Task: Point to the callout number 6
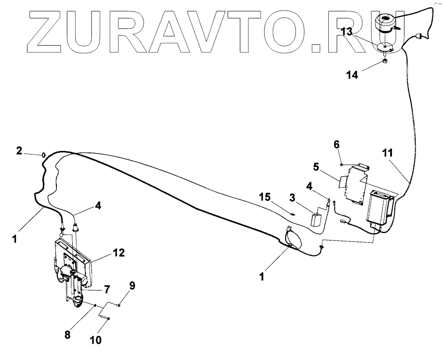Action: [337, 145]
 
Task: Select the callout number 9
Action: [132, 286]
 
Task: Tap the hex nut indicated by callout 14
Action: [385, 60]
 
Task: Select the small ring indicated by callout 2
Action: [43, 155]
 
